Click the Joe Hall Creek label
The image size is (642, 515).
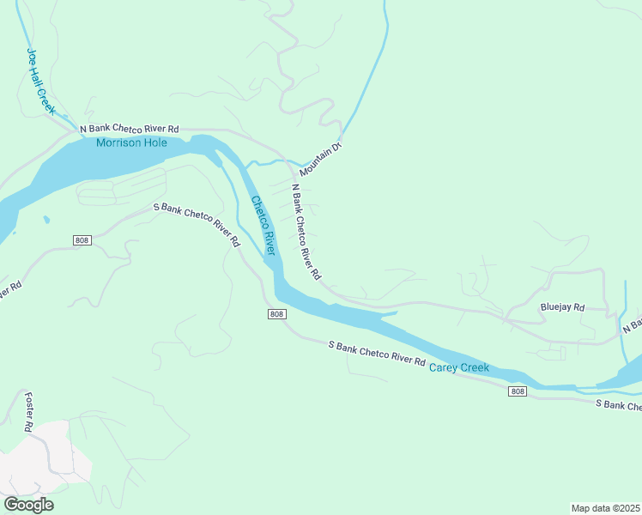tap(39, 82)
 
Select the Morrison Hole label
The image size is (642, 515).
tap(131, 142)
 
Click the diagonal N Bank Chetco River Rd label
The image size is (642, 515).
tap(306, 232)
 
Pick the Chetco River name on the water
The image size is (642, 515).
tap(263, 226)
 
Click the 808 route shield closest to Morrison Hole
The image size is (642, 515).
tap(82, 239)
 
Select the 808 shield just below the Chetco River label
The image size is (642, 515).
tap(276, 314)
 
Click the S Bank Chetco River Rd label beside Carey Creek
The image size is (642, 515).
tap(377, 354)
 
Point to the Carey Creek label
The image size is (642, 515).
tap(458, 368)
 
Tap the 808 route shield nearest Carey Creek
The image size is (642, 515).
tap(517, 391)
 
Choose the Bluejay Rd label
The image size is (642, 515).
tap(562, 307)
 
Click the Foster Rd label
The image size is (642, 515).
tap(28, 412)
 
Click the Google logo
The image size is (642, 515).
tap(28, 505)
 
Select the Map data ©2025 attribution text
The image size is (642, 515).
tap(605, 507)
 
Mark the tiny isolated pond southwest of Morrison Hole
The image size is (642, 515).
tap(45, 220)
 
